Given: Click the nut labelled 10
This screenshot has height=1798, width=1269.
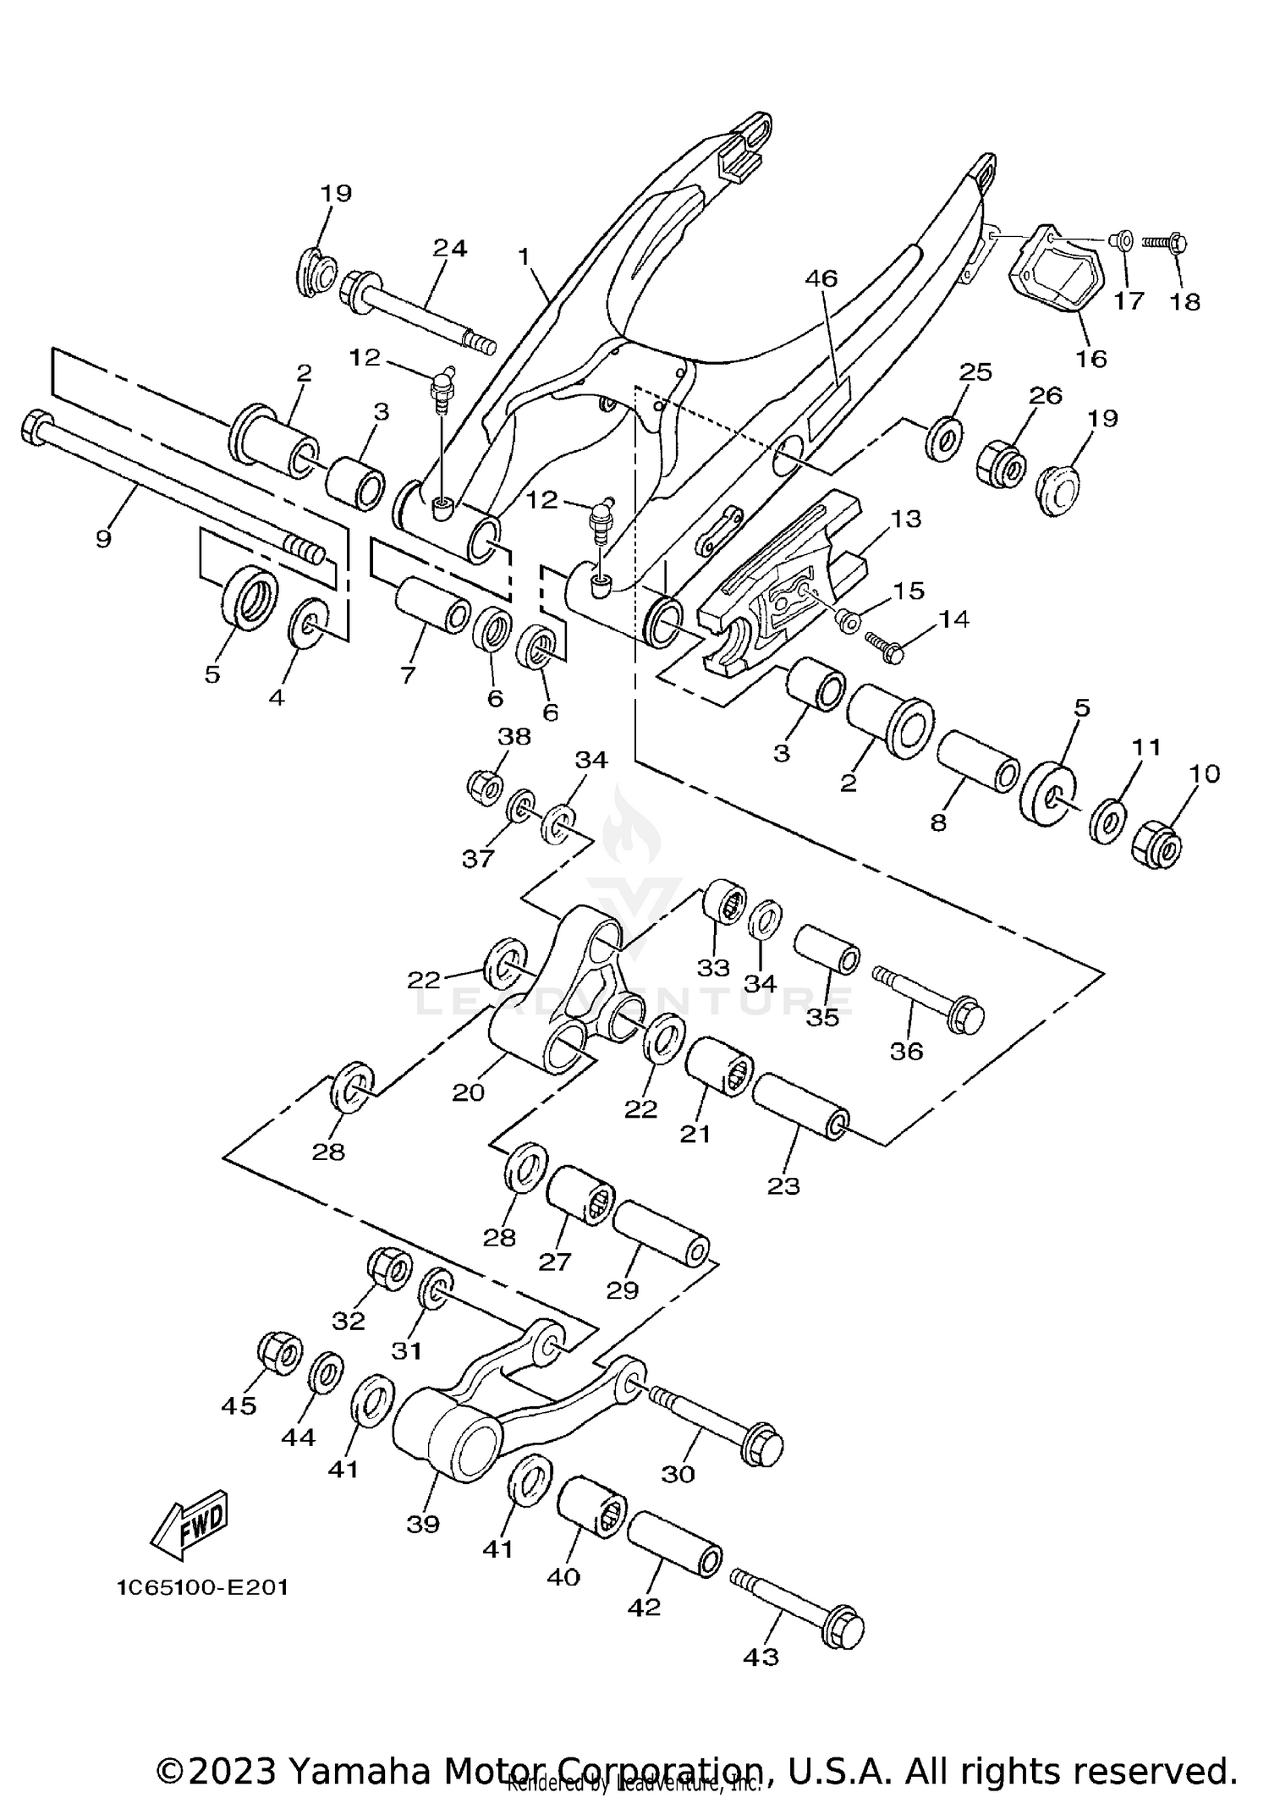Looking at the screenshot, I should tap(1156, 843).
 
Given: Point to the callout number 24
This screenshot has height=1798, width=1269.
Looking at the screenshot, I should tap(450, 249).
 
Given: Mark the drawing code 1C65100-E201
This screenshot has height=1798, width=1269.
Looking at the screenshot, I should tap(203, 1587).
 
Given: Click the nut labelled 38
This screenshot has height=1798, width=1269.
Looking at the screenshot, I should tap(486, 787).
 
